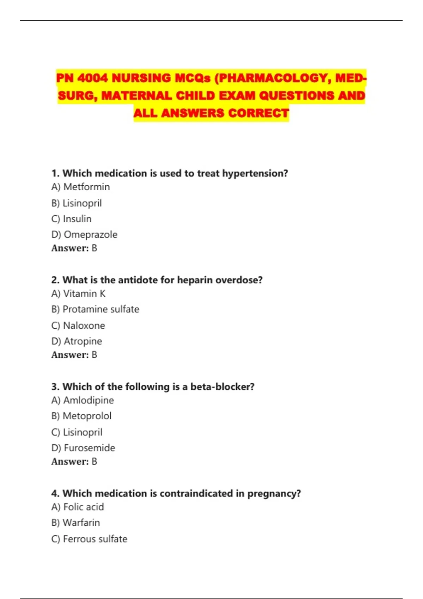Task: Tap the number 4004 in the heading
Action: (92, 78)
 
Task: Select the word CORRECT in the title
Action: (258, 113)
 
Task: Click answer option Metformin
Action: (86, 187)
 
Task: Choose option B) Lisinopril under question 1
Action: (82, 203)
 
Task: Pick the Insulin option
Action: (77, 219)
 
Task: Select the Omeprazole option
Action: (90, 234)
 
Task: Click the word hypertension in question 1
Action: (255, 173)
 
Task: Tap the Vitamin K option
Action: (84, 294)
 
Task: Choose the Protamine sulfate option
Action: (100, 309)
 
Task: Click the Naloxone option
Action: (84, 325)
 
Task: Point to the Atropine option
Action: (82, 341)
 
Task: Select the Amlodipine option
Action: (88, 400)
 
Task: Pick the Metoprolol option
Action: (87, 416)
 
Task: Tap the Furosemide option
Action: (89, 448)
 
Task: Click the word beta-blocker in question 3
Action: (222, 387)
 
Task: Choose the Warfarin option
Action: (81, 523)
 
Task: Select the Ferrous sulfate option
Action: (95, 539)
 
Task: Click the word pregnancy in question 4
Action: (274, 494)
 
